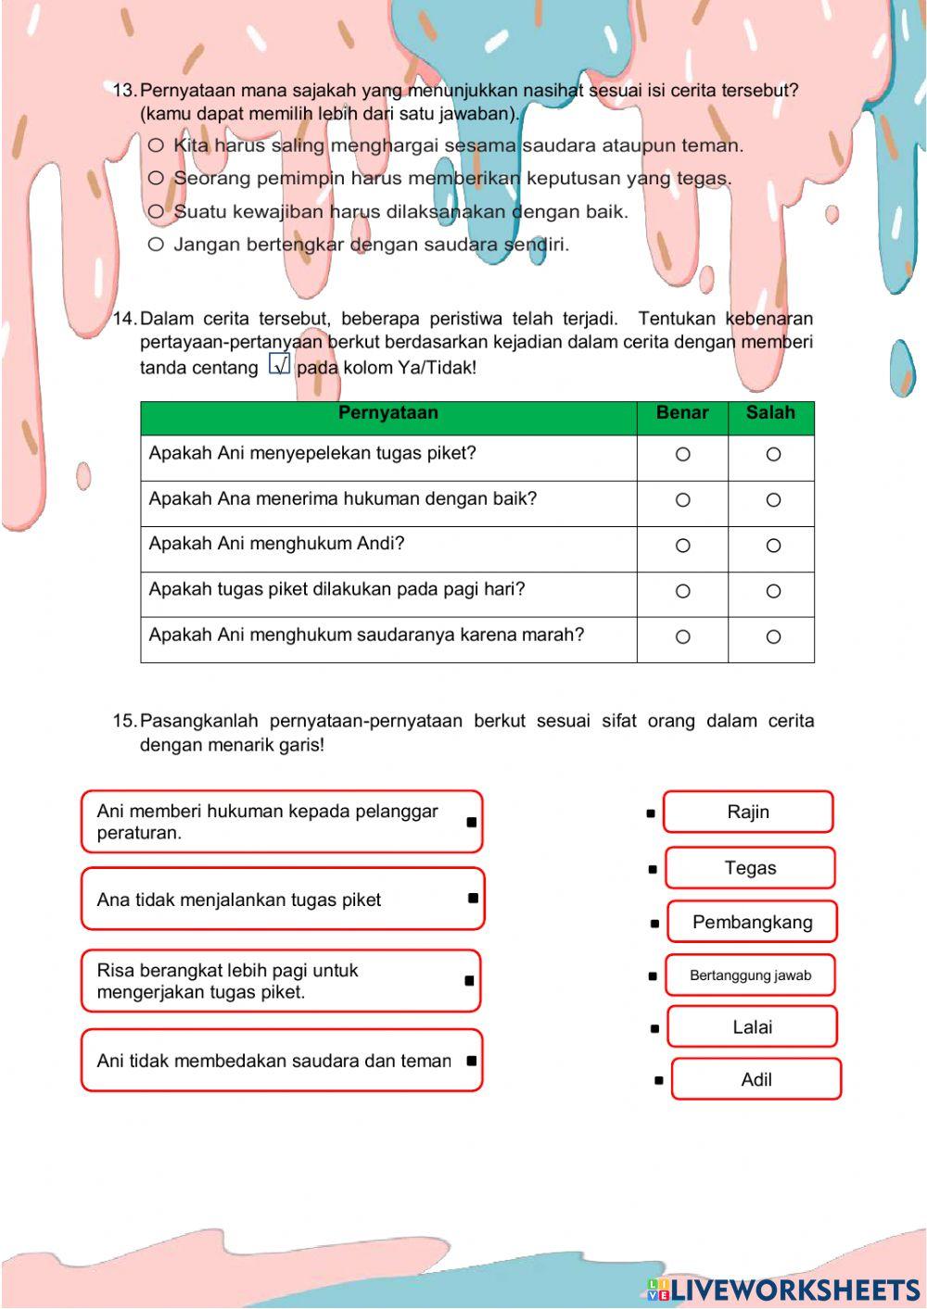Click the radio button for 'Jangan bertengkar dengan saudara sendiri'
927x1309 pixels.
click(x=156, y=245)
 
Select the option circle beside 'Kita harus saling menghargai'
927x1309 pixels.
click(x=156, y=145)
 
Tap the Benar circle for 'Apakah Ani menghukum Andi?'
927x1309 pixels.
click(x=682, y=546)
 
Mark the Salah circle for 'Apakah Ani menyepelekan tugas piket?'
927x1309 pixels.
click(x=773, y=455)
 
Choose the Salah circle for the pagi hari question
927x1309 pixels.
click(x=773, y=591)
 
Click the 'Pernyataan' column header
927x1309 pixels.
click(x=387, y=413)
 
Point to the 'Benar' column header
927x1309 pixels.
click(x=682, y=413)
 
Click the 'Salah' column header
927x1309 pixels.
click(x=770, y=413)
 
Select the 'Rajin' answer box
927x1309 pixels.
click(x=748, y=812)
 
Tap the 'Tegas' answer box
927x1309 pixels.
click(x=750, y=868)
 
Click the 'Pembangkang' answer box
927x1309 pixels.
click(x=752, y=922)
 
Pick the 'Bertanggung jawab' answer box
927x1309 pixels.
click(x=750, y=975)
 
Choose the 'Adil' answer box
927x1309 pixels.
click(x=756, y=1079)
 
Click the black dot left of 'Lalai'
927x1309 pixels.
click(x=655, y=1028)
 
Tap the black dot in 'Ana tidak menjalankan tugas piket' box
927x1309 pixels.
click(x=473, y=898)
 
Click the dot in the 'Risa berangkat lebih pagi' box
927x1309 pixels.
click(x=469, y=980)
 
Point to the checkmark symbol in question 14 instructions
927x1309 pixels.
click(x=279, y=364)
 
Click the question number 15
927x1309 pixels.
click(x=124, y=721)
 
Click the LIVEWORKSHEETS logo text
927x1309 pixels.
click(x=794, y=1290)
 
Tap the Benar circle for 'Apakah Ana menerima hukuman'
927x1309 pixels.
click(x=682, y=500)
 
